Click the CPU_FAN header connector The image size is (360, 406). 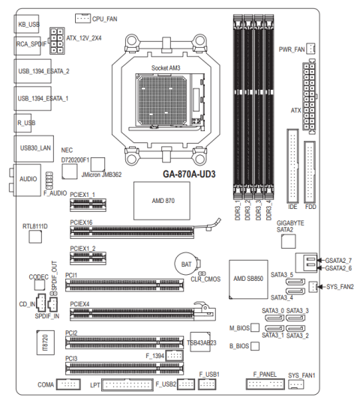82,18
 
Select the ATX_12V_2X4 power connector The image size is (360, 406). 57,40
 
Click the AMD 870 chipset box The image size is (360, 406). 162,201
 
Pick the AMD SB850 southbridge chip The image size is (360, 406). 248,279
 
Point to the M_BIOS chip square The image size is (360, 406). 255,327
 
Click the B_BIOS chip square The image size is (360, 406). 255,346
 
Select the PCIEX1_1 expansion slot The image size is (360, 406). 88,205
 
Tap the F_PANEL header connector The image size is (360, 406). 265,384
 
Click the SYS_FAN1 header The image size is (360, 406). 295,384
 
